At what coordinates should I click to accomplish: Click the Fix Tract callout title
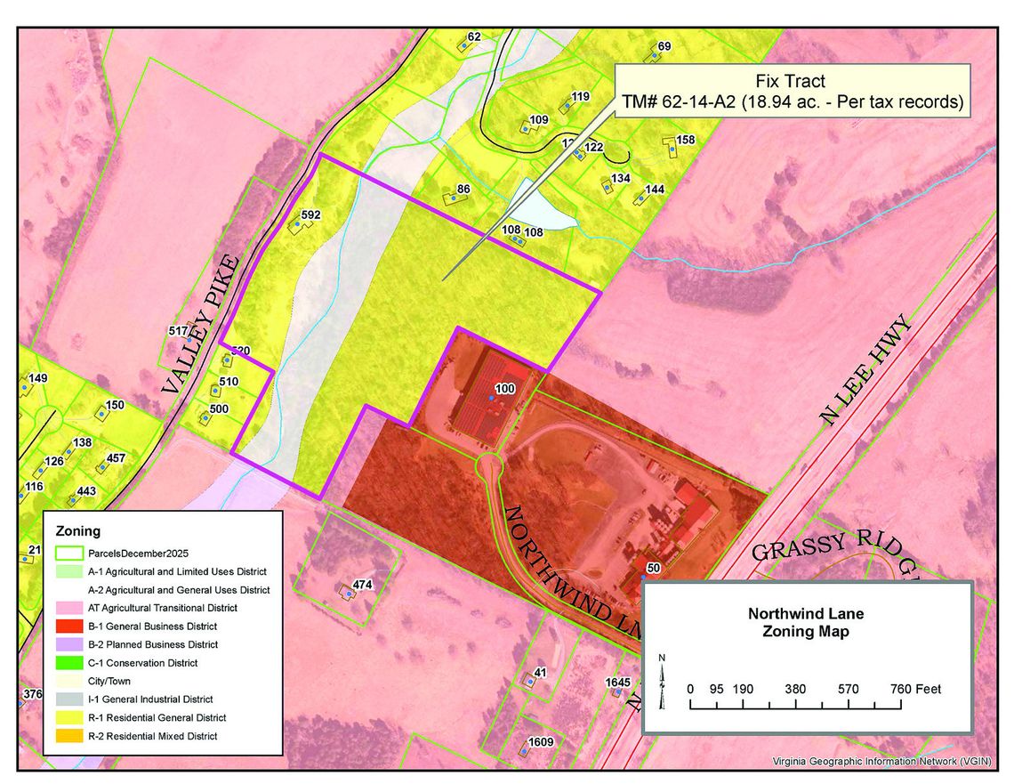click(x=790, y=82)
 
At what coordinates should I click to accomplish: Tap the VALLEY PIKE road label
click(x=200, y=326)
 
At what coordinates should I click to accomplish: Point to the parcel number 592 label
click(x=310, y=215)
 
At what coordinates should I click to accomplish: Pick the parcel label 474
click(x=362, y=585)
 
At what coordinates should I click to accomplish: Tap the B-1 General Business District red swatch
click(x=70, y=626)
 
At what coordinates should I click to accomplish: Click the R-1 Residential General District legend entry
click(x=157, y=717)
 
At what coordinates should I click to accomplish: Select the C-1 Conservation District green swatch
click(x=70, y=663)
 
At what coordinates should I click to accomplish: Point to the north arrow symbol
click(x=661, y=681)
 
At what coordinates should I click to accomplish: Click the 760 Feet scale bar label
click(x=913, y=689)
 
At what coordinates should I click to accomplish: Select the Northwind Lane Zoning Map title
click(x=805, y=623)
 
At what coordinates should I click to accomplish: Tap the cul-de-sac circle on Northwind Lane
click(x=489, y=465)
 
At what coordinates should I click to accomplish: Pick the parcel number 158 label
click(x=685, y=140)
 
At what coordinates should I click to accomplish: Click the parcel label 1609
click(x=541, y=742)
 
